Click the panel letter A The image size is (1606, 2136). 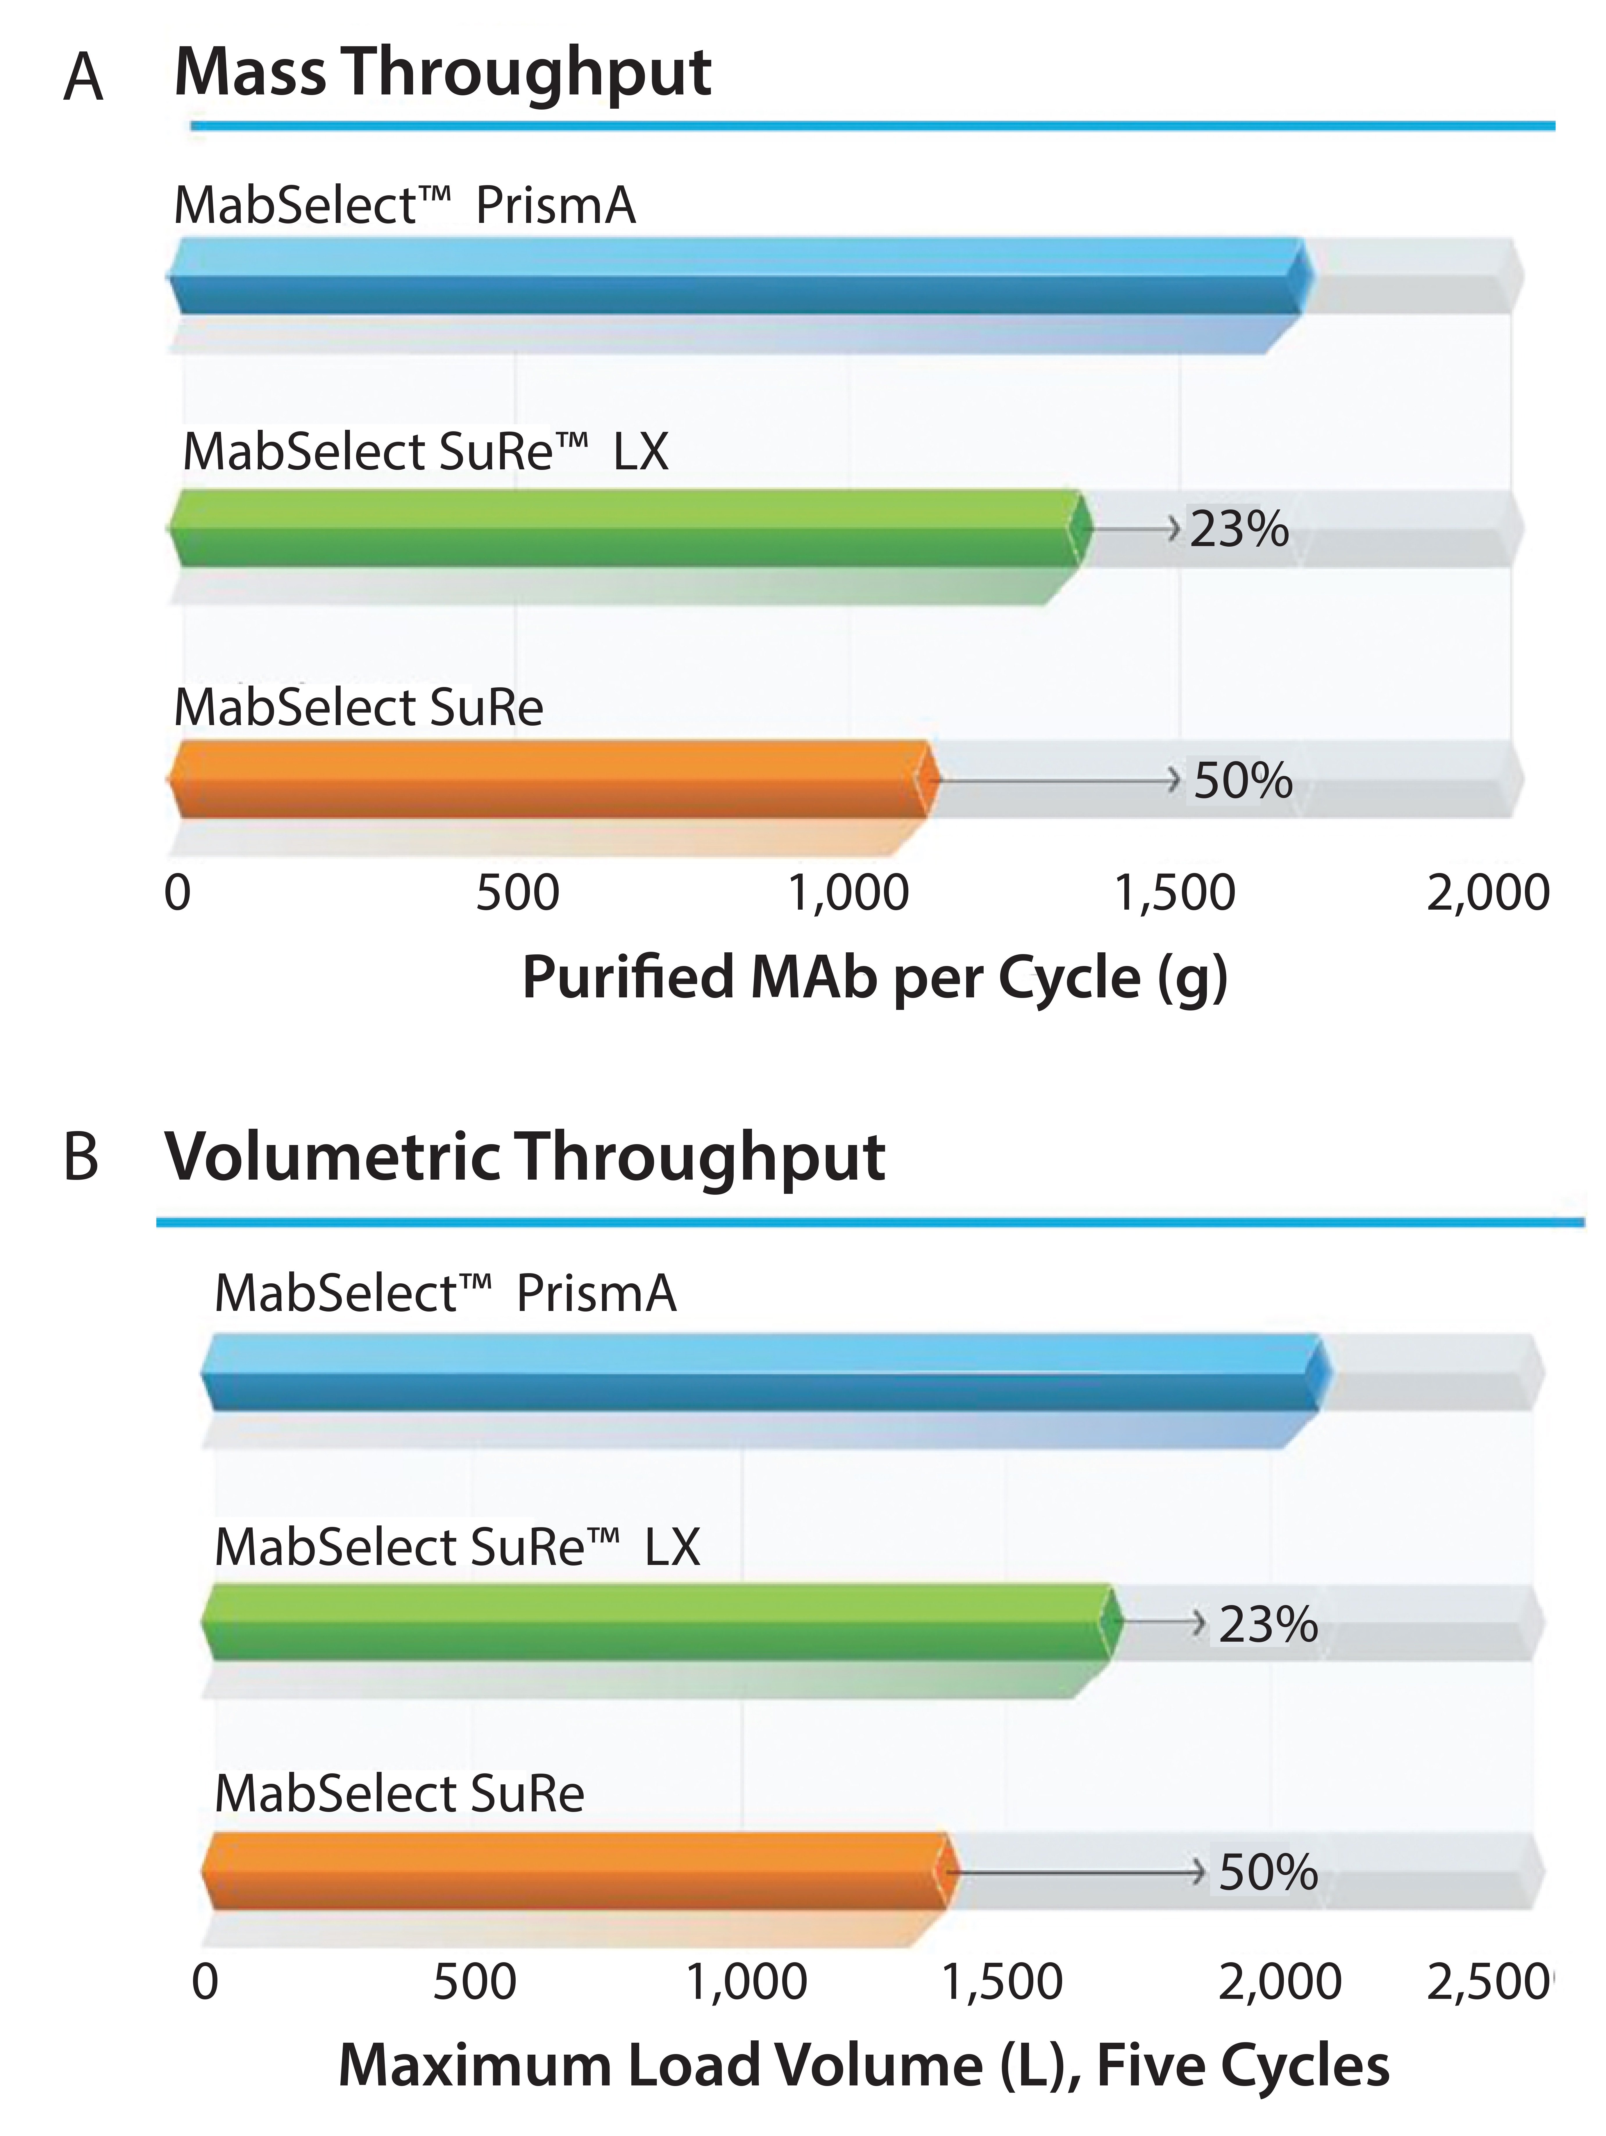coord(83,77)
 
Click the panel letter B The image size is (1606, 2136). coord(81,1157)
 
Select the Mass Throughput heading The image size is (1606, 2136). coord(442,74)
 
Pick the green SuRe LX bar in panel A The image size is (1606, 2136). coord(628,528)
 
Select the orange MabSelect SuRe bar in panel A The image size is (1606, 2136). coord(551,779)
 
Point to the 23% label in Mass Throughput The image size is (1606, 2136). coord(1239,529)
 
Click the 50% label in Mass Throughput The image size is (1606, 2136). coord(1243,781)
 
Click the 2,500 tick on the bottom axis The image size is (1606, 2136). coord(1487,1983)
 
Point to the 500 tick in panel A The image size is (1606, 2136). coord(517,893)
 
